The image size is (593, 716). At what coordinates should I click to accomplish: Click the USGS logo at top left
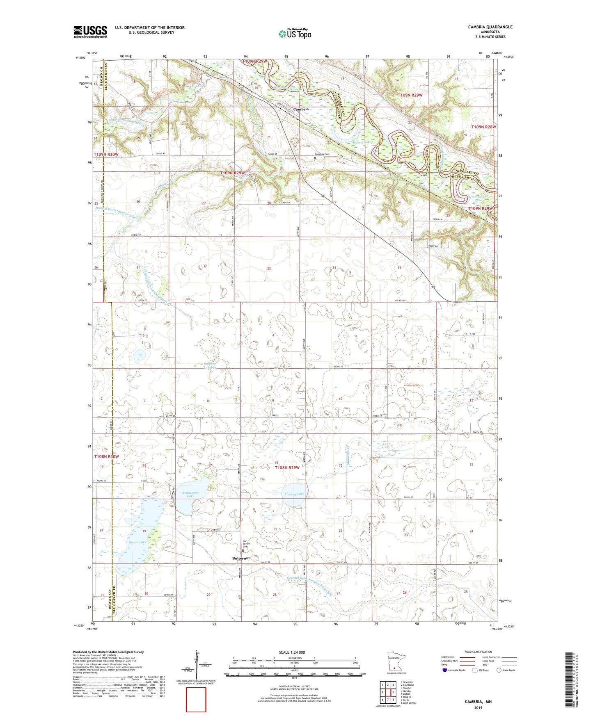[x=90, y=32]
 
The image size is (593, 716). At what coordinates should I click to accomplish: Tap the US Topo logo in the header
[x=294, y=34]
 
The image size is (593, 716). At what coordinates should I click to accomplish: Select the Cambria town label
[x=301, y=109]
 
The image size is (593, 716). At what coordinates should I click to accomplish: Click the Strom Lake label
[x=137, y=542]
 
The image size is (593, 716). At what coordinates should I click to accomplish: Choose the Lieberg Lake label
[x=294, y=494]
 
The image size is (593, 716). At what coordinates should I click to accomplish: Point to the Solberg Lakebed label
[x=210, y=365]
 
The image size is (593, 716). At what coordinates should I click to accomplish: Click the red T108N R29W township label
[x=287, y=467]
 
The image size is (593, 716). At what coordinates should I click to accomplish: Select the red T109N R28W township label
[x=483, y=127]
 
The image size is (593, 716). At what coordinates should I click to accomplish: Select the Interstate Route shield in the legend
[x=445, y=670]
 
